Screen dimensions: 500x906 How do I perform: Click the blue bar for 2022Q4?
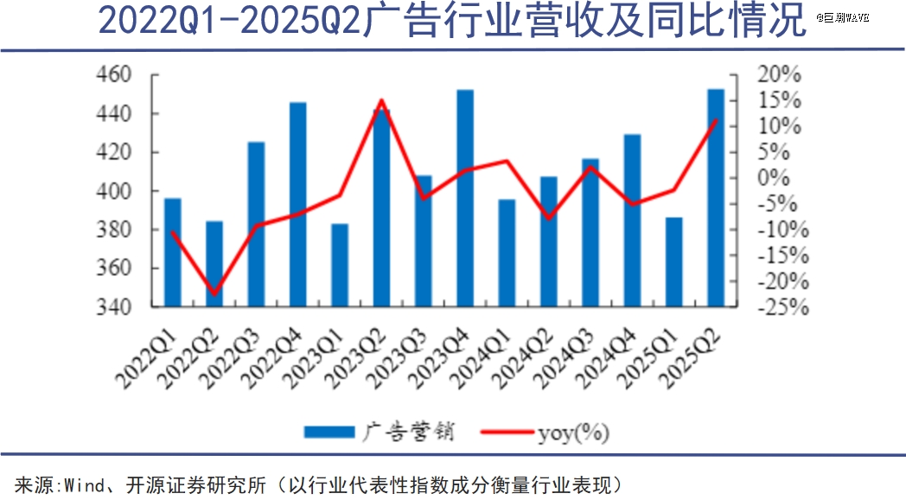(x=298, y=205)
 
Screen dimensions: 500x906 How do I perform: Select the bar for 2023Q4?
(x=465, y=199)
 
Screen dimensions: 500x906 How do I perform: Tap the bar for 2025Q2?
(x=716, y=198)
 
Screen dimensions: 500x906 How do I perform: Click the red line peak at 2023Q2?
(x=381, y=100)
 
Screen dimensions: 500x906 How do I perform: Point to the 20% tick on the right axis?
(x=779, y=75)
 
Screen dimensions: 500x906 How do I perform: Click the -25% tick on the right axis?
(x=779, y=307)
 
